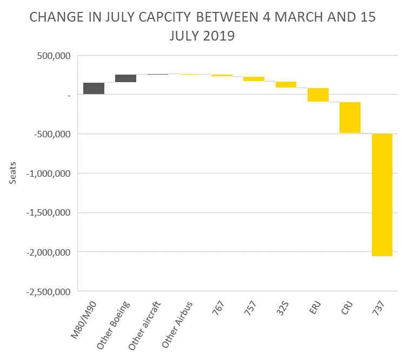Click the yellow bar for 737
point(382,195)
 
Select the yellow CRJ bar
point(350,117)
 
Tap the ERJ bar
point(318,95)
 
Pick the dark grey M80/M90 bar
point(94,89)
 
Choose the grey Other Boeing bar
point(125,78)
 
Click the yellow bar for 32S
point(286,84)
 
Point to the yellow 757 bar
point(254,79)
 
